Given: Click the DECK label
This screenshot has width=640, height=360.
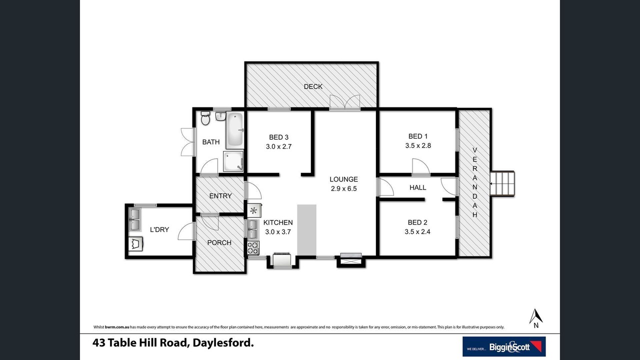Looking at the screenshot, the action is [x=313, y=86].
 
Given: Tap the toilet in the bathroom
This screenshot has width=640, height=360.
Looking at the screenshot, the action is [x=205, y=118].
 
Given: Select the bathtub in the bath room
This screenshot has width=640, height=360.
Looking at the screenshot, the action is [x=235, y=130].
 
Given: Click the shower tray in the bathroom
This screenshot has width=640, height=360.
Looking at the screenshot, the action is [x=233, y=161].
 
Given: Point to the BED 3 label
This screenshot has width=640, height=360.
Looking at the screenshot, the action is [x=278, y=137].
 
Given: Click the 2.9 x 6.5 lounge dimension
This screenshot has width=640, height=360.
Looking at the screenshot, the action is [x=343, y=188].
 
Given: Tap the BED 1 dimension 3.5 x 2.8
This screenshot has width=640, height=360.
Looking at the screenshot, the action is [x=418, y=145].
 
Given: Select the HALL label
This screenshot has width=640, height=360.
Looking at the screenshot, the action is [x=417, y=187].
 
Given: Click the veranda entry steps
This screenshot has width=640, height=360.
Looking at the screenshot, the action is [x=502, y=183].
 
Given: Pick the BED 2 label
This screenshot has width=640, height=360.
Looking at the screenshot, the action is [x=417, y=222].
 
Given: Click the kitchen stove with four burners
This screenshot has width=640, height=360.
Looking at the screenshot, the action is [x=253, y=247].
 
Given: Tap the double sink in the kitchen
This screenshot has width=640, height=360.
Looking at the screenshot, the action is [x=252, y=229].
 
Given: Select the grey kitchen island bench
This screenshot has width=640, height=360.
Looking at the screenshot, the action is [x=307, y=229].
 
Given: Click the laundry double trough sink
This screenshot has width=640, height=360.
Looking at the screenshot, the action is [x=135, y=219].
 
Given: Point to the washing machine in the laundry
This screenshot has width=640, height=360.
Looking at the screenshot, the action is [x=135, y=244].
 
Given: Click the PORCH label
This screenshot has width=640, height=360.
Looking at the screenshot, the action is [x=219, y=242].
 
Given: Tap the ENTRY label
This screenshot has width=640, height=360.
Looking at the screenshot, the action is [x=220, y=196].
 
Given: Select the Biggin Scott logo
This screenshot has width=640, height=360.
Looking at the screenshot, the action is [x=504, y=346].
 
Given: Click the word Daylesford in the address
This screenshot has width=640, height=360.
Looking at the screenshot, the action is [x=223, y=343].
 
